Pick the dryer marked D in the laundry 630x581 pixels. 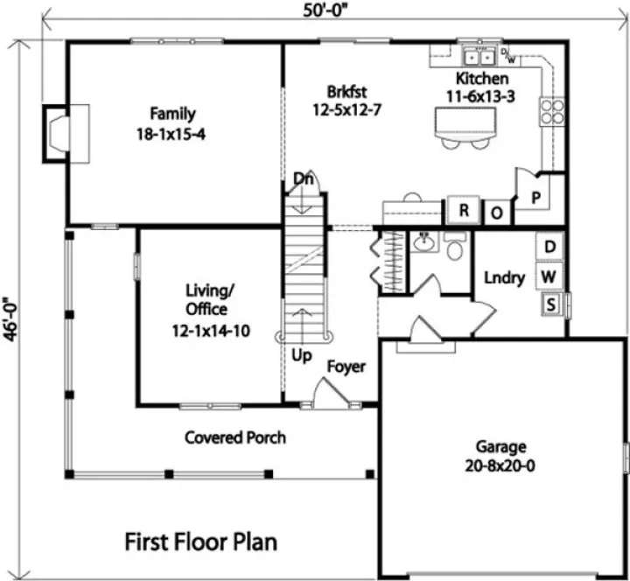pos(550,248)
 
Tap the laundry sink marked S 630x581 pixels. pos(551,304)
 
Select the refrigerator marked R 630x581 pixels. pos(465,211)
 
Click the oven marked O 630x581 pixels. pos(495,213)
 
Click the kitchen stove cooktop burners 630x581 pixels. pos(553,111)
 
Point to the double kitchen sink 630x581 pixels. pos(477,57)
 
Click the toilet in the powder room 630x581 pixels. pos(455,248)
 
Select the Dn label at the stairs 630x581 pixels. pos(304,178)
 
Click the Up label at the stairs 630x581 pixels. pos(301,355)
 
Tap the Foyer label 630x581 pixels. pos(346,367)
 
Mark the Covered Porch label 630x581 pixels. pos(235,437)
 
